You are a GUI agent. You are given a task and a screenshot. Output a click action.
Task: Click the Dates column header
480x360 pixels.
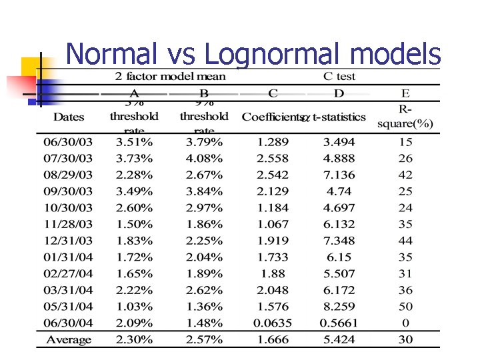coord(69,117)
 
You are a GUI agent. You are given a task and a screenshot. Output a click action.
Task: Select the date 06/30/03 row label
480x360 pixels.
coord(68,142)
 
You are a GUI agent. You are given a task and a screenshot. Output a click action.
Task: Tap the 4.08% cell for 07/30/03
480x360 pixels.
coord(203,159)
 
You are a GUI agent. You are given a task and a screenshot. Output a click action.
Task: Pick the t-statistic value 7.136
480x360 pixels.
coord(339,175)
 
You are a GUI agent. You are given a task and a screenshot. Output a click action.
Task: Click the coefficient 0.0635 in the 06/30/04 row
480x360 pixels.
coord(273,323)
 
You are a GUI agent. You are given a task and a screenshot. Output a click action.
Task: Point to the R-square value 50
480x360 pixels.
coord(405,307)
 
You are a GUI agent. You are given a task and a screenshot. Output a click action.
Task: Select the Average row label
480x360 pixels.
coord(68,340)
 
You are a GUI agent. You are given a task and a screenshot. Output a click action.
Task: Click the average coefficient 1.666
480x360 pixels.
coord(273,340)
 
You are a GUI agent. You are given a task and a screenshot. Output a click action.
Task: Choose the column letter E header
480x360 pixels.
coord(405,93)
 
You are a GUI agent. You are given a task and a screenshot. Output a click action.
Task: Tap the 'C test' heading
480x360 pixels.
coord(339,76)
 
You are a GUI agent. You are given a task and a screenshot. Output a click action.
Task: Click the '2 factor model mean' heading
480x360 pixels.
coord(170,76)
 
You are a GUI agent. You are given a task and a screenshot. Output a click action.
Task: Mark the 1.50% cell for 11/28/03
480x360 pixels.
coord(134,225)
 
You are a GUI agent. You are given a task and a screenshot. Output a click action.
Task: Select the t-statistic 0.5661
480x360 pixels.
coord(339,323)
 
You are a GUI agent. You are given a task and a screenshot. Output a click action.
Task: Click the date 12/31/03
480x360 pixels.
coord(68,241)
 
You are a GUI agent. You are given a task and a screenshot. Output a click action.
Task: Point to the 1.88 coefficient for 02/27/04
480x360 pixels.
coord(273,274)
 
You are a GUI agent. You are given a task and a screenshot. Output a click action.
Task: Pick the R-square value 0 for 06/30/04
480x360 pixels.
coord(405,323)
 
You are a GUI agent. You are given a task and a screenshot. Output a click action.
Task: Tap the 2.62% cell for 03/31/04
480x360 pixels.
coord(203,290)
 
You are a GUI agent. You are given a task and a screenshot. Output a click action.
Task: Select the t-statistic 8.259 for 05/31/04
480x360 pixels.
coord(339,307)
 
